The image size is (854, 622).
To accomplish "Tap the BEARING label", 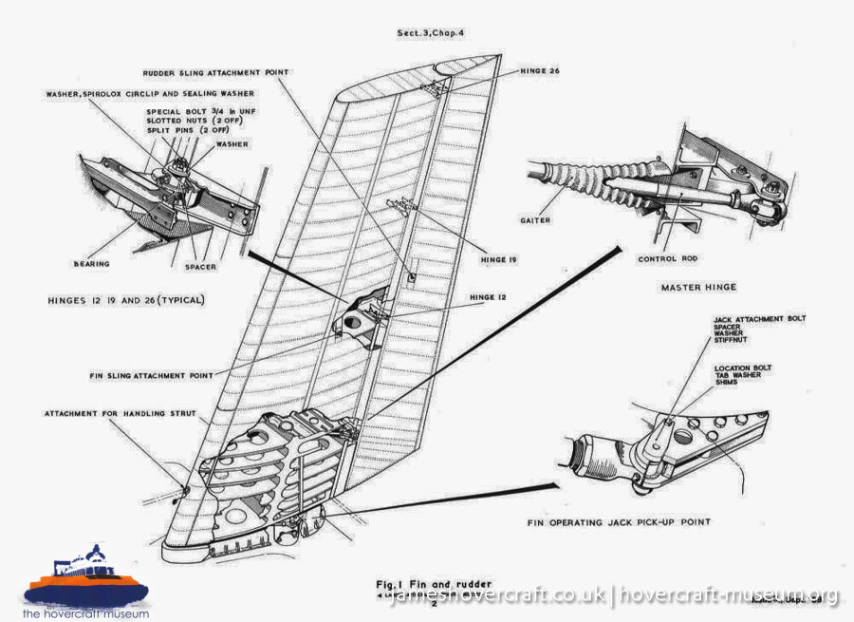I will tap(93, 263).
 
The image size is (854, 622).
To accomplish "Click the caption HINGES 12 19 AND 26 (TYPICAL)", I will tap(126, 299).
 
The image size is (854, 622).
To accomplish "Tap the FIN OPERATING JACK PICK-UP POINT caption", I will tap(619, 522).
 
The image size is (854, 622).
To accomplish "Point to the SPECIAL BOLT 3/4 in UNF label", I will tap(197, 111).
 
